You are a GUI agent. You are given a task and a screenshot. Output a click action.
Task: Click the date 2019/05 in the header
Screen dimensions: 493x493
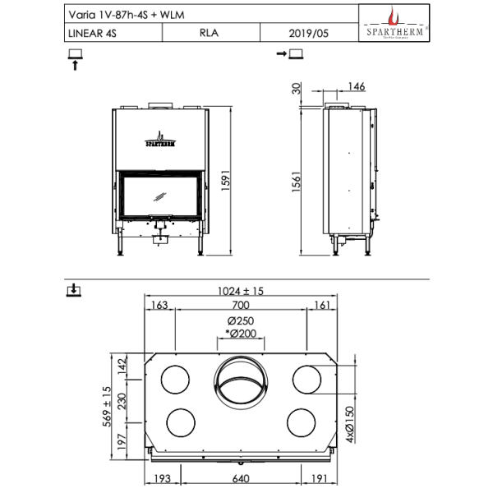coord(309,34)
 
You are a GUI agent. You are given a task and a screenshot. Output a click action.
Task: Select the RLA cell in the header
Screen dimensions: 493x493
coord(210,34)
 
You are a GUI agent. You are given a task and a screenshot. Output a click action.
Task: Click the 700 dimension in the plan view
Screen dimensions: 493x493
coord(240,306)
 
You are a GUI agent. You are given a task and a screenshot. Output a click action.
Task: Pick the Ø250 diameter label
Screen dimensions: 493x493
coord(240,320)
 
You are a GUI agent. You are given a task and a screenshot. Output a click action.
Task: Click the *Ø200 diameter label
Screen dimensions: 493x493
coord(240,333)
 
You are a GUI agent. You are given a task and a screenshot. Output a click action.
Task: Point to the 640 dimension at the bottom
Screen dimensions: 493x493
coord(240,478)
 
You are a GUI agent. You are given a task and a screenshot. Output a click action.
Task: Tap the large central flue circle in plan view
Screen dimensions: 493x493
coord(240,382)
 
